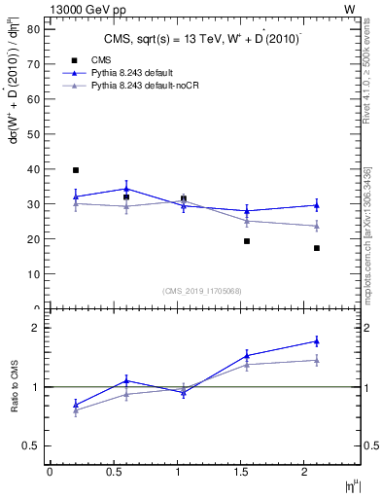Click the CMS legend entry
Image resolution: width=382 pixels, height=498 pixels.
(100, 59)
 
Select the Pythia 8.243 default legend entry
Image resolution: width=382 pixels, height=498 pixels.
(137, 73)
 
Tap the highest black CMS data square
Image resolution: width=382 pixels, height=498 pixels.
(76, 170)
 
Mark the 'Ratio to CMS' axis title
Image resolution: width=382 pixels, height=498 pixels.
(16, 387)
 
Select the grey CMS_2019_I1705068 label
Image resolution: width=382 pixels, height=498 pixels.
(201, 289)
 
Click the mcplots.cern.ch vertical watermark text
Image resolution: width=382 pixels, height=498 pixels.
(366, 233)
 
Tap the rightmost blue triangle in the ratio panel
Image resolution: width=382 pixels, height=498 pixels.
(317, 340)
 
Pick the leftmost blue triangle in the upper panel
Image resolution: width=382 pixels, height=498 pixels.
(76, 196)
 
